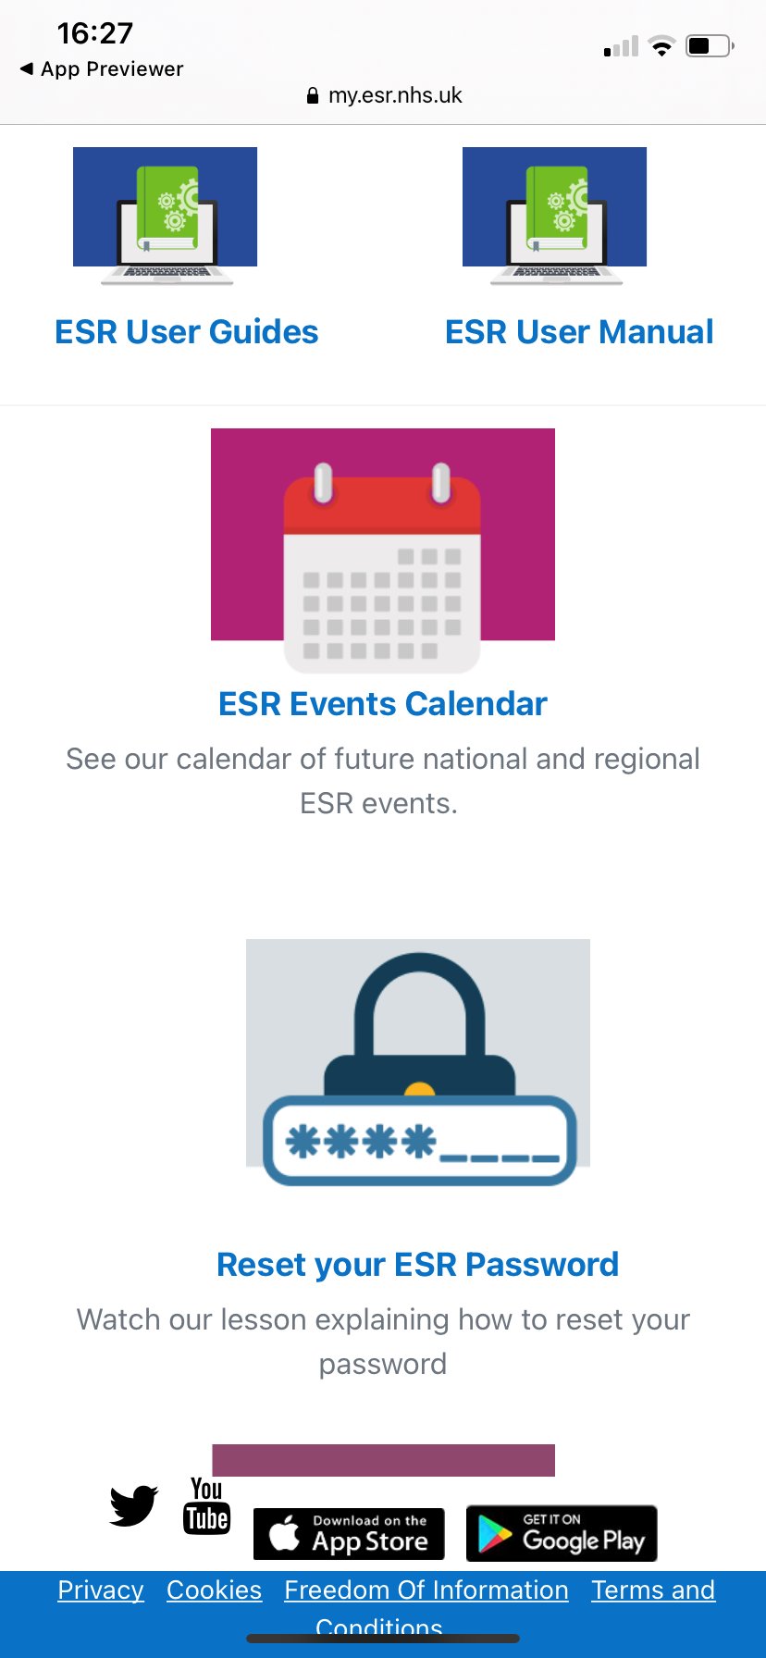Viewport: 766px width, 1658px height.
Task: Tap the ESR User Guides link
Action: coord(186,331)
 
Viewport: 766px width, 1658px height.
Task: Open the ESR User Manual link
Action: coord(579,331)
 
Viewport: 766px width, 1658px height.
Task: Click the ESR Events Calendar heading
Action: coord(383,703)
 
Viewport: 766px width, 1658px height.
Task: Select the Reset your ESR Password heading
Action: coord(417,1264)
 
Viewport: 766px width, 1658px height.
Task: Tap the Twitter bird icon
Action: coord(134,1505)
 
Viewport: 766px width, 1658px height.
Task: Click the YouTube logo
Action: coord(206,1505)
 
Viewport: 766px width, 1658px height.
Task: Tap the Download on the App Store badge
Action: coord(349,1534)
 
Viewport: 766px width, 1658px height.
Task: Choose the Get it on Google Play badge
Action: coord(562,1534)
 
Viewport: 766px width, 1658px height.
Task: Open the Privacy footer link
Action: coord(101,1590)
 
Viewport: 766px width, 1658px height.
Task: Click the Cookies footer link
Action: coord(214,1590)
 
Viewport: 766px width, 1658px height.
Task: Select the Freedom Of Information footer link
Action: coord(426,1590)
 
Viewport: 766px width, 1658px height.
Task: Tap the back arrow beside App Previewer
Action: coord(27,68)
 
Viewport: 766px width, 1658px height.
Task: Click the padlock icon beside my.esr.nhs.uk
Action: coord(313,95)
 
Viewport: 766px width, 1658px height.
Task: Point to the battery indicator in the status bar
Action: coord(710,45)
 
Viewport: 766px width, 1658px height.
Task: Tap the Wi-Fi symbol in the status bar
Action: coord(661,46)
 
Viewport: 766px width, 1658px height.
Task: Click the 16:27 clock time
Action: coord(94,33)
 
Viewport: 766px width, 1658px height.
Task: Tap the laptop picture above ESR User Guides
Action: coord(166,217)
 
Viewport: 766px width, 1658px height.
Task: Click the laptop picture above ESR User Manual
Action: coord(555,217)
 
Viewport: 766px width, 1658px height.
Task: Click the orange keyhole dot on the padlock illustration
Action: coord(420,1089)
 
